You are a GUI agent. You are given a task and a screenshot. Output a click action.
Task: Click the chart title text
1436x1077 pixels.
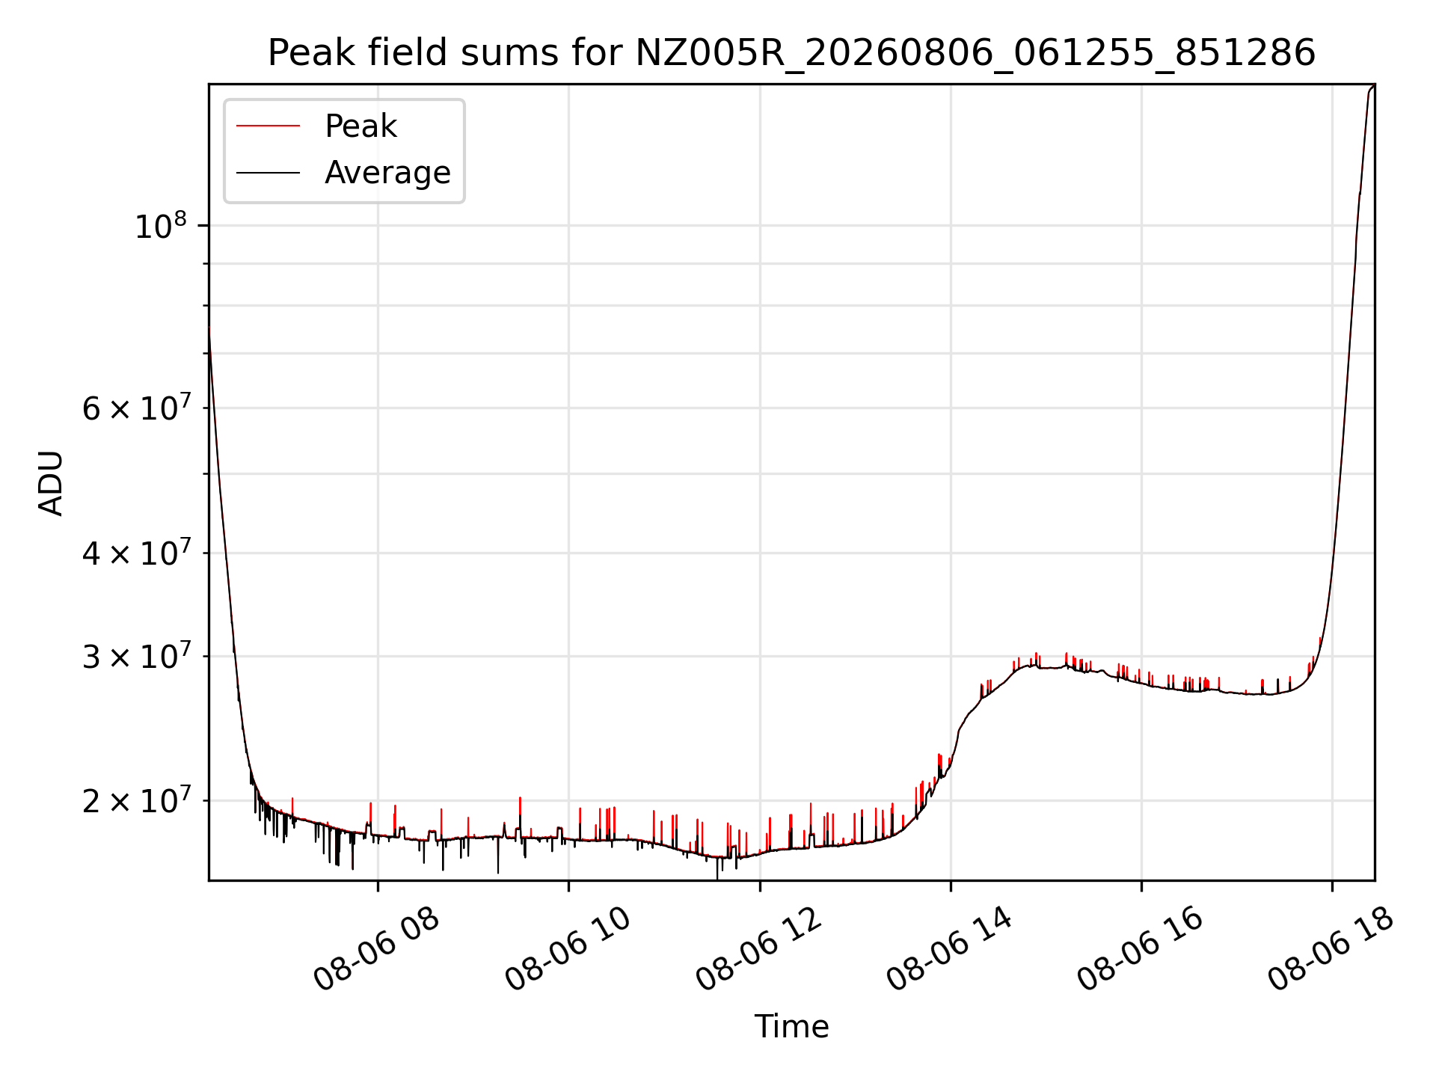(791, 53)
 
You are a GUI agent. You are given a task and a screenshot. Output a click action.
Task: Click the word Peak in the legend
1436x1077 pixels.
(360, 126)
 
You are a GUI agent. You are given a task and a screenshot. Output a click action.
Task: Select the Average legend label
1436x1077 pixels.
(387, 173)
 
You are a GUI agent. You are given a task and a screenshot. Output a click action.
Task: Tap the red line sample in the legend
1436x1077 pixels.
(268, 126)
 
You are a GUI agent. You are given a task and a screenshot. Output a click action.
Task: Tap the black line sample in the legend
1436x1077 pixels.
(268, 173)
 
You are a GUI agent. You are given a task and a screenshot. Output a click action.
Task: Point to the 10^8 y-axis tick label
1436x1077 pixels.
(161, 225)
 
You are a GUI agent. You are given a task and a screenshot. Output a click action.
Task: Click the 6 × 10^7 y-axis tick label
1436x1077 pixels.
(136, 408)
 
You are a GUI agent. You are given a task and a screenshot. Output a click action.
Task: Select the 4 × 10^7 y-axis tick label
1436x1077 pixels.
(136, 553)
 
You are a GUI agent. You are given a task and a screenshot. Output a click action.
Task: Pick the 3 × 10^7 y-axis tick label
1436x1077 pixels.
(136, 656)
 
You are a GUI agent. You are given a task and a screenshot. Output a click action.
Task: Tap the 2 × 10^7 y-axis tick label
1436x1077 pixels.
(136, 800)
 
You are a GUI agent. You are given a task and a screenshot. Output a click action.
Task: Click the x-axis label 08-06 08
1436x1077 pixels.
(376, 949)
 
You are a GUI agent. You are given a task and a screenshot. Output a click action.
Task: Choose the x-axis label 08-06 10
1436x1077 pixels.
(568, 949)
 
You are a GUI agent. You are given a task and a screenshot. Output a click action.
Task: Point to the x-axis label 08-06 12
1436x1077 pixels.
(759, 949)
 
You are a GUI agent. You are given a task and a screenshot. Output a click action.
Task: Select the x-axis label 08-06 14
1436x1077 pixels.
(950, 949)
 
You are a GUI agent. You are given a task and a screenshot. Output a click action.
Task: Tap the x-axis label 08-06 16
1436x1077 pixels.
(1141, 949)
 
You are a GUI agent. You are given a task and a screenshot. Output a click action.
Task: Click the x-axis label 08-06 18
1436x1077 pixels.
(1331, 949)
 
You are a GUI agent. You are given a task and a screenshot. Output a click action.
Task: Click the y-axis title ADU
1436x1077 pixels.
(51, 482)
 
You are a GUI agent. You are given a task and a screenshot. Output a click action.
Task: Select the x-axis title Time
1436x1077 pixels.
(791, 1026)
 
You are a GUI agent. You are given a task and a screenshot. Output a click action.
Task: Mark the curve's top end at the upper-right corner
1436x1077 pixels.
(1374, 85)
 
